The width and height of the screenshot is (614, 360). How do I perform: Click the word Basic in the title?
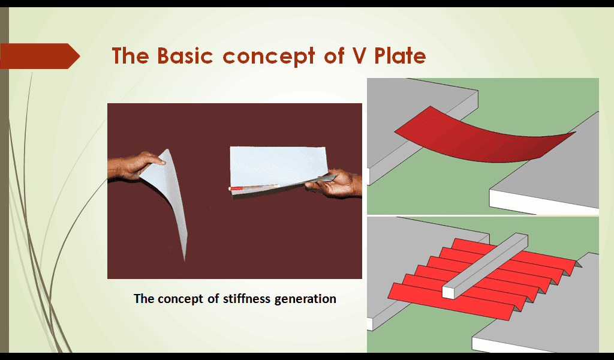[x=185, y=56]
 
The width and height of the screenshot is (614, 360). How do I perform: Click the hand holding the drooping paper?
[x=135, y=166]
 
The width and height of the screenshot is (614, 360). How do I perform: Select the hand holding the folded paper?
[x=334, y=183]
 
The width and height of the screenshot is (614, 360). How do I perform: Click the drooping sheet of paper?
[x=169, y=192]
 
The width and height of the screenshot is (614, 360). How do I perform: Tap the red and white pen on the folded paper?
[x=254, y=188]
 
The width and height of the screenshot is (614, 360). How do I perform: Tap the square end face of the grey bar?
[x=449, y=293]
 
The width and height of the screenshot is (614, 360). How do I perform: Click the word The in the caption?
[x=144, y=298]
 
